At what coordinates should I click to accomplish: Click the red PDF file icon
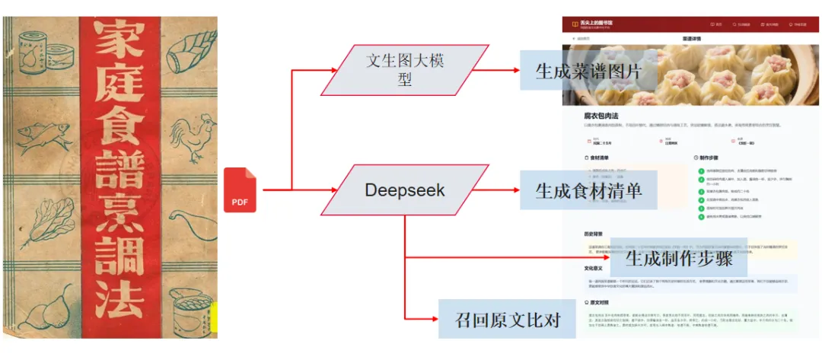pyautogui.click(x=240, y=190)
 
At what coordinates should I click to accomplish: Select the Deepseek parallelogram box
pyautogui.click(x=403, y=190)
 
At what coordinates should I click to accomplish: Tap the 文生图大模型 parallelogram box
pyautogui.click(x=404, y=70)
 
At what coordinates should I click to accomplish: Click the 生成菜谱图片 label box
pyautogui.click(x=588, y=71)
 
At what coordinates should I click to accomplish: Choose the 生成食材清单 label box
pyautogui.click(x=588, y=190)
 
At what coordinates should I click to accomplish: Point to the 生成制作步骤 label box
pyautogui.click(x=678, y=257)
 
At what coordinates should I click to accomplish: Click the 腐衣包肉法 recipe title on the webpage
pyautogui.click(x=601, y=116)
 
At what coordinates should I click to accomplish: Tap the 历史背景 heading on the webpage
pyautogui.click(x=594, y=233)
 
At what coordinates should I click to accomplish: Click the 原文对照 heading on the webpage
pyautogui.click(x=596, y=302)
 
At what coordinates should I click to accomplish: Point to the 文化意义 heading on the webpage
pyautogui.click(x=594, y=268)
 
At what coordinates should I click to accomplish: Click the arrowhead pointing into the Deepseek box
pyautogui.click(x=333, y=190)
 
